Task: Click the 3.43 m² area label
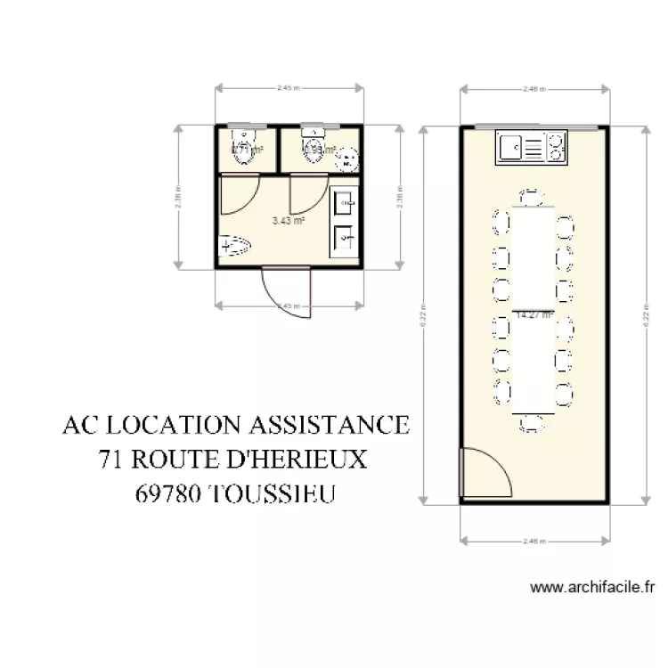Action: pyautogui.click(x=289, y=220)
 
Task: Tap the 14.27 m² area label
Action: pyautogui.click(x=534, y=314)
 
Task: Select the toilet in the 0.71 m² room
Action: pyautogui.click(x=243, y=145)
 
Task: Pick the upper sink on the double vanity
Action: pyautogui.click(x=344, y=204)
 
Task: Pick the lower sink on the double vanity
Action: pyautogui.click(x=344, y=237)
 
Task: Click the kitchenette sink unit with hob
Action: pyautogui.click(x=532, y=147)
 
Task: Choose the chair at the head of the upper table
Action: pyautogui.click(x=533, y=196)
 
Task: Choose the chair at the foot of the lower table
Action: pyautogui.click(x=533, y=422)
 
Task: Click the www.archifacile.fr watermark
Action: pyautogui.click(x=592, y=587)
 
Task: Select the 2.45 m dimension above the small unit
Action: pyautogui.click(x=287, y=88)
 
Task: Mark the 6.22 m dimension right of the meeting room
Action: pyautogui.click(x=644, y=314)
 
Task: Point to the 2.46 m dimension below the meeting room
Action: pyautogui.click(x=534, y=539)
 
